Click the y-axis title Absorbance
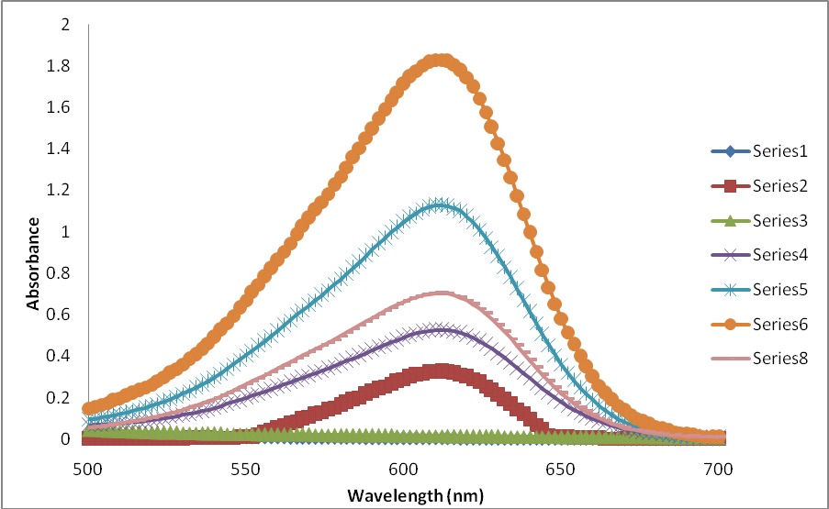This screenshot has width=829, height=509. pos(33,262)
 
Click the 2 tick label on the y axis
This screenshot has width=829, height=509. pos(64,25)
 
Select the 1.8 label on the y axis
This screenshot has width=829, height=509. pos(59,66)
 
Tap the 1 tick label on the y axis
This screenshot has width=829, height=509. pos(64,232)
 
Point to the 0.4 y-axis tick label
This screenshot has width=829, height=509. pos(59,356)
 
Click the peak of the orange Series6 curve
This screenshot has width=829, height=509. pos(442,61)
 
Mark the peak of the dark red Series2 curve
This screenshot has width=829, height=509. pos(442,371)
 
